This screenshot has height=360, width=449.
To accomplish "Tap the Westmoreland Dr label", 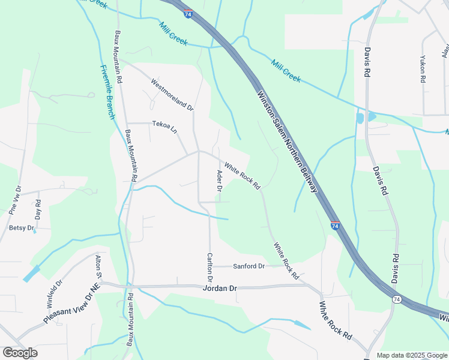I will pyautogui.click(x=172, y=95).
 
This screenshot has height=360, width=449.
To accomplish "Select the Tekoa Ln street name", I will pyautogui.click(x=165, y=127).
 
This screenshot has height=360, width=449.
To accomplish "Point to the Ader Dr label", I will pyautogui.click(x=219, y=181).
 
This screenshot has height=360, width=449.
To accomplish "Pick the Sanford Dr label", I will pyautogui.click(x=249, y=266).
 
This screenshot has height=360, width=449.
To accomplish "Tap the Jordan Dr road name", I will pyautogui.click(x=220, y=288).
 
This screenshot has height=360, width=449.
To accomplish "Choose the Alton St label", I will pyautogui.click(x=98, y=266).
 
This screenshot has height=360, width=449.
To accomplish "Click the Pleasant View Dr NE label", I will pyautogui.click(x=70, y=305).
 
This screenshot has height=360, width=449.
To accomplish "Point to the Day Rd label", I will pyautogui.click(x=38, y=209).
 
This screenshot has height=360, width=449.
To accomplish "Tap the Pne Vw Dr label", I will pyautogui.click(x=15, y=200).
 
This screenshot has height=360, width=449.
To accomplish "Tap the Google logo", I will pyautogui.click(x=20, y=353).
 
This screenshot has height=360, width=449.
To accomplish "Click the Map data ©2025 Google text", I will pyautogui.click(x=411, y=355).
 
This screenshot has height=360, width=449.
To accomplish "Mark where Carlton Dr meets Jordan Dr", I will pyautogui.click(x=210, y=286).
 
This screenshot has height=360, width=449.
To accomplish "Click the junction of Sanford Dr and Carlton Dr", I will pyautogui.click(x=210, y=266).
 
